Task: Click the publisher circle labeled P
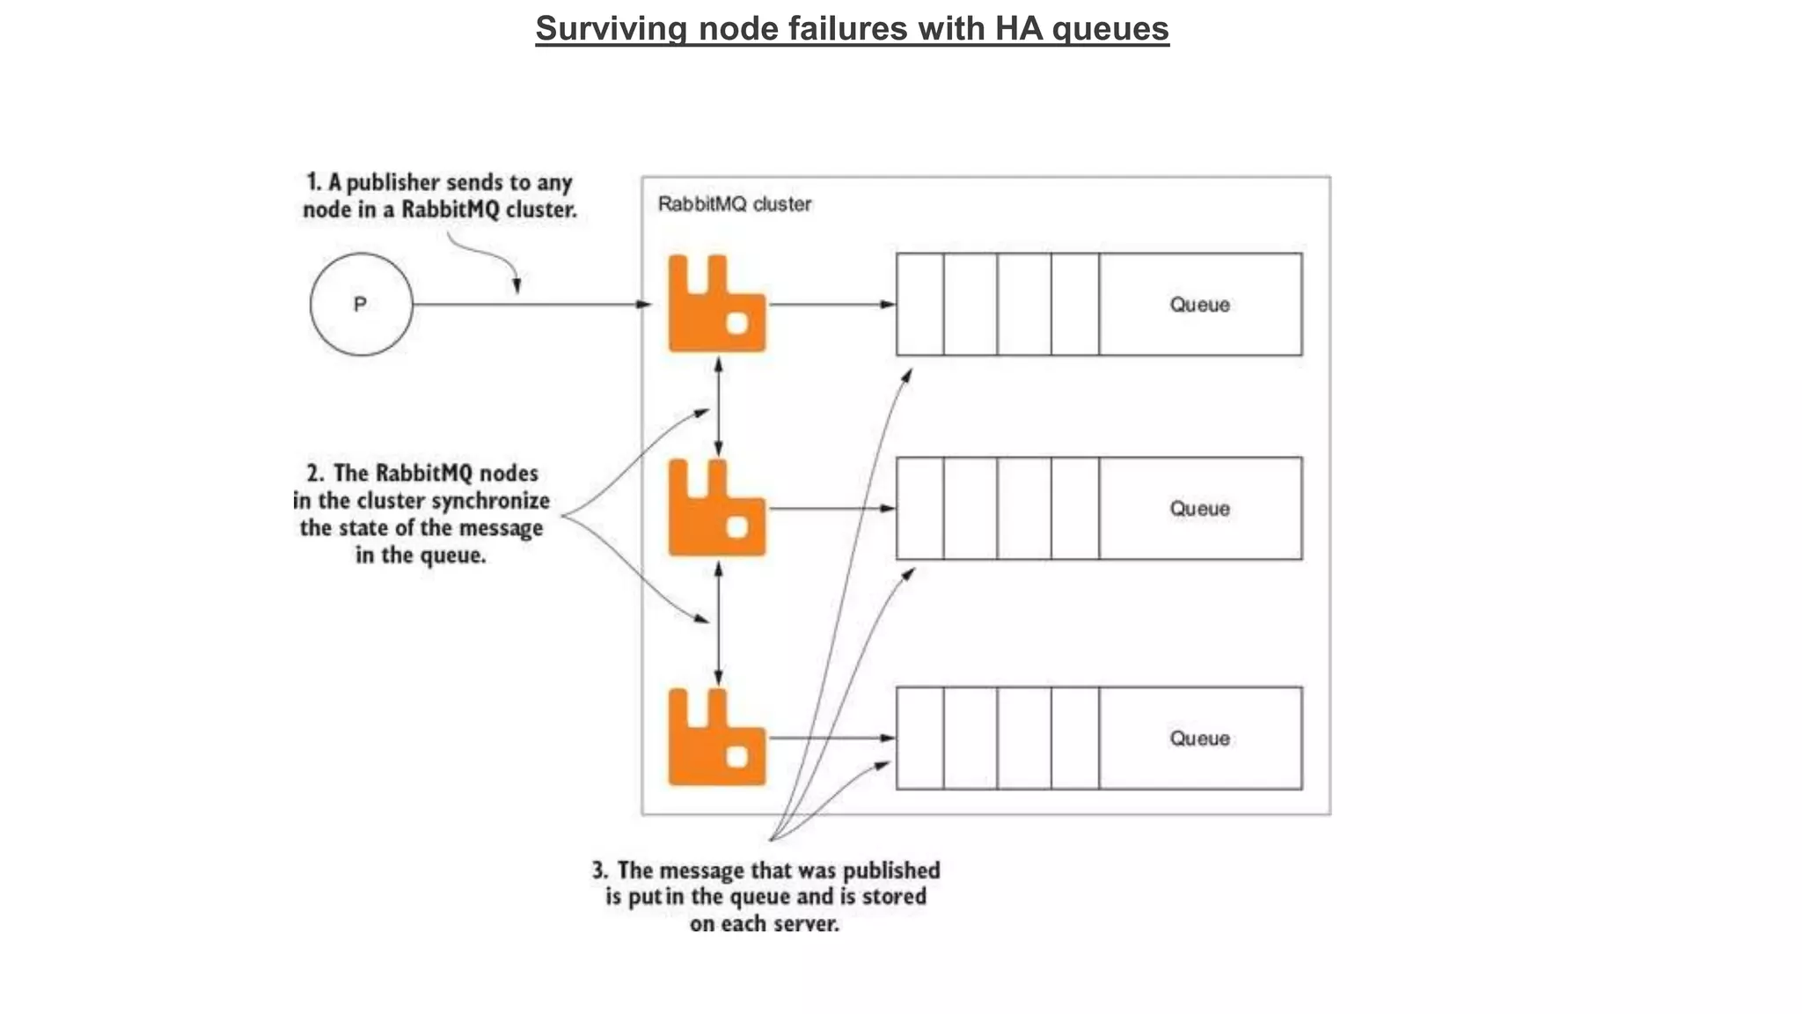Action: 361,305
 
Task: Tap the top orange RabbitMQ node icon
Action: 716,305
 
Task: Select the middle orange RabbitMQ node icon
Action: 716,509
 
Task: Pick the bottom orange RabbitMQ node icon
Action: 716,738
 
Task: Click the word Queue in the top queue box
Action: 1199,305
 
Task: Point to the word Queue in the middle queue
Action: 1199,509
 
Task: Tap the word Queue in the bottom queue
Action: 1199,738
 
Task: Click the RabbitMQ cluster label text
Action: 734,204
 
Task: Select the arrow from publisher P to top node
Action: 528,305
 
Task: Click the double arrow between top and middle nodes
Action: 719,407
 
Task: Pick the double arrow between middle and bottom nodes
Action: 719,623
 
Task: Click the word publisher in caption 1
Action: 392,183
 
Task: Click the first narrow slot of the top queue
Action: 919,305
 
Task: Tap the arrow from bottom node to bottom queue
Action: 831,738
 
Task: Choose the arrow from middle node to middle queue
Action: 831,509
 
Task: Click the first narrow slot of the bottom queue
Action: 919,738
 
